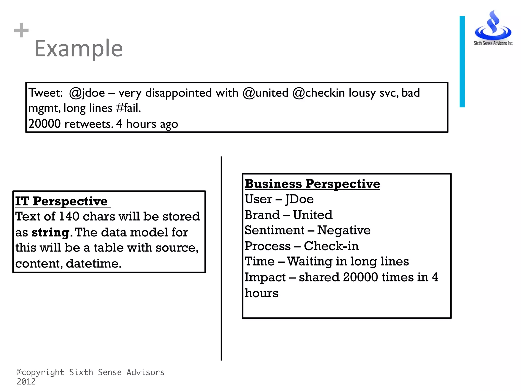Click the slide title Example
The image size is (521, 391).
click(79, 48)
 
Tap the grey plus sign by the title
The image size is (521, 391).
click(21, 31)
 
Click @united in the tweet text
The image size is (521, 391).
click(265, 93)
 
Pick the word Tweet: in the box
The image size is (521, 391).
click(46, 93)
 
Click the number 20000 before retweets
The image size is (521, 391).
click(45, 124)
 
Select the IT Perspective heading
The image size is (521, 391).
click(61, 201)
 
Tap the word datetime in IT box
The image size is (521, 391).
click(94, 263)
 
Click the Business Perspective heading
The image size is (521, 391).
click(312, 184)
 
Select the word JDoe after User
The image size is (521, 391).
click(299, 199)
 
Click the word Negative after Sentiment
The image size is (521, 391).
click(344, 230)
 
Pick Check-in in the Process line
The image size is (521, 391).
click(331, 246)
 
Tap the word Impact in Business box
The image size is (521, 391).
click(265, 277)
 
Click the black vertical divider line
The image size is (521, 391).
click(221, 258)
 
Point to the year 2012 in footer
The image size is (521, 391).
click(26, 382)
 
